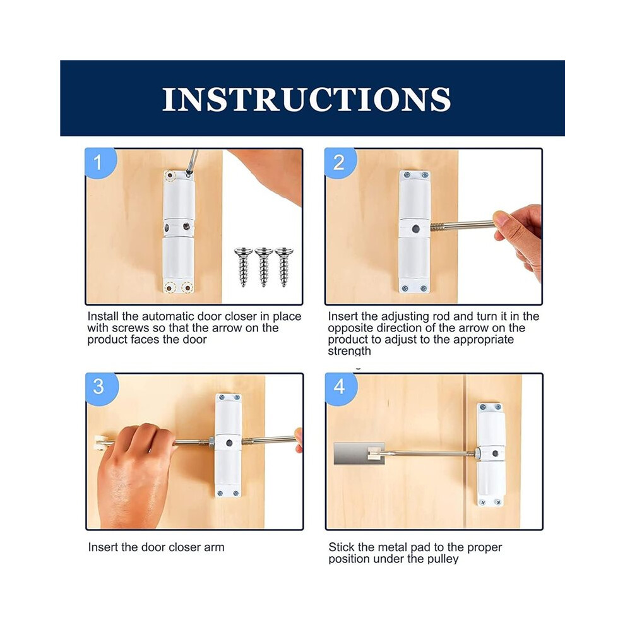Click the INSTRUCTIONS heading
pos(306,99)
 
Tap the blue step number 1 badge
pos(100,163)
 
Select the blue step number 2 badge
pos(340,163)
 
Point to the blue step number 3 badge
pos(101,388)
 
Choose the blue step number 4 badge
pos(341,388)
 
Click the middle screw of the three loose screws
pos(263,267)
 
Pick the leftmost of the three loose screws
pos(243,267)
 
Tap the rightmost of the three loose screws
pos(284,267)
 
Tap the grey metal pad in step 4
pos(359,454)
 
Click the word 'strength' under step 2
pos(349,351)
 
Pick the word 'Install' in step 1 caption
pos(103,316)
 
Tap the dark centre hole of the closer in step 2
pos(415,229)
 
